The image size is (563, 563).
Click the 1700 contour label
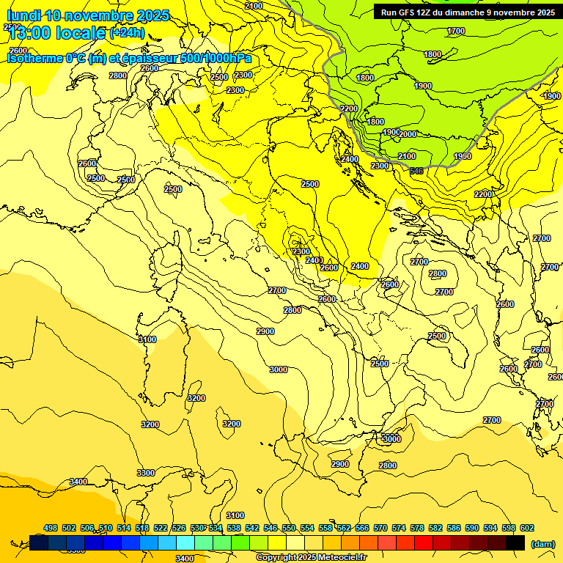click(456, 31)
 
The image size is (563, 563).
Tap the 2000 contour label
click(408, 134)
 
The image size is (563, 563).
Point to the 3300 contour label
click(146, 473)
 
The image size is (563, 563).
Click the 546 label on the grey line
click(416, 171)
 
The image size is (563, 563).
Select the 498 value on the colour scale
click(51, 528)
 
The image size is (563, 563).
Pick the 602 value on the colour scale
click(527, 528)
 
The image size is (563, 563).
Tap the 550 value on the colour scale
click(289, 528)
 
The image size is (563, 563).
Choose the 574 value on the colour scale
click(399, 528)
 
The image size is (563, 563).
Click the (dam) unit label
click(542, 543)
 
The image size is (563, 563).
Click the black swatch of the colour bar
click(515, 542)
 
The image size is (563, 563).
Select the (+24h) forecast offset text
click(127, 32)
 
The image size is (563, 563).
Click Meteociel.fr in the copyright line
click(337, 557)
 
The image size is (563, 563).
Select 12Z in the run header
click(430, 12)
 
